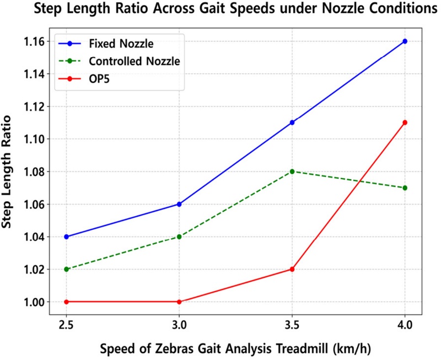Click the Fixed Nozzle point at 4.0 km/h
405,41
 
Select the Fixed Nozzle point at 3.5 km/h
292,122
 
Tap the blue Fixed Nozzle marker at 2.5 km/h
66,237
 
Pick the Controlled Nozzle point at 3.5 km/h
292,171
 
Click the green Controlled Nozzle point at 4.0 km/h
405,188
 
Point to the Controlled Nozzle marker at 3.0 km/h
179,237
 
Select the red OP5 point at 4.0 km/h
405,122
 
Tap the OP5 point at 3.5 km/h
292,270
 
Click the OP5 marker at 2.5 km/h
66,302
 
